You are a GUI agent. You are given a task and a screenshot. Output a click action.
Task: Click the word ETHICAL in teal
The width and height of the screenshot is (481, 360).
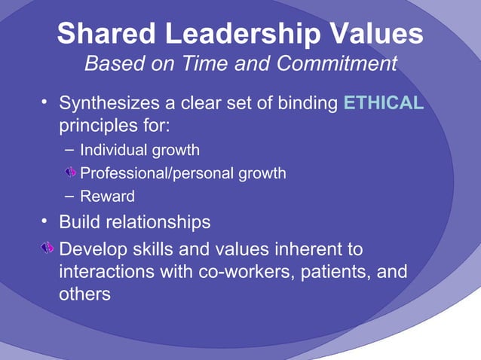[383, 102]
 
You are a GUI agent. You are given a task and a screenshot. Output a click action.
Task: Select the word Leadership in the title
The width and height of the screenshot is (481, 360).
[244, 34]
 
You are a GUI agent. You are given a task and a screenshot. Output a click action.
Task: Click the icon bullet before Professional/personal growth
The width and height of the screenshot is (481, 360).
[70, 173]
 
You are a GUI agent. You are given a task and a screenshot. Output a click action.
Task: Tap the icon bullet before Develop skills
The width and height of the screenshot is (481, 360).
[47, 248]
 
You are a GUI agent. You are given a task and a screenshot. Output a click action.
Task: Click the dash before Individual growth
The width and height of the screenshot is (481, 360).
[69, 149]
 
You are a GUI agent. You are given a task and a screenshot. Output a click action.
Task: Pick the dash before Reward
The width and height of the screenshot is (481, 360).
[69, 196]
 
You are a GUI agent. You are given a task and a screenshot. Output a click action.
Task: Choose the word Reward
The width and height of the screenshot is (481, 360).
[108, 197]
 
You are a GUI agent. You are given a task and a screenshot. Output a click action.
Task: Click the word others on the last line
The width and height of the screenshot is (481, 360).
[84, 294]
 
